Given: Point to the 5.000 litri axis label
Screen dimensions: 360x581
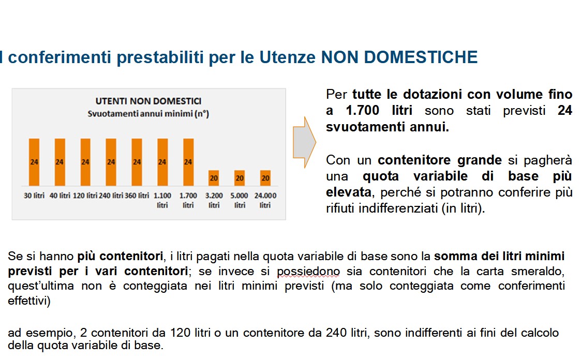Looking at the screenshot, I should (x=240, y=200).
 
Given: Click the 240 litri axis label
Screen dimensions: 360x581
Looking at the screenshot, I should (x=111, y=196).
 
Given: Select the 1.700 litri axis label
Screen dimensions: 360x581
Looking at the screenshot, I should (x=188, y=200).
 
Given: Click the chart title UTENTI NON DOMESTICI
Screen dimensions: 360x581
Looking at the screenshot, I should (x=148, y=101).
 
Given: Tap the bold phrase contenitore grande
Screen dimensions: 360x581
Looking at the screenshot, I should (x=439, y=160).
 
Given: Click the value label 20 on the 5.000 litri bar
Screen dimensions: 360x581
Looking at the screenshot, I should (x=240, y=177).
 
